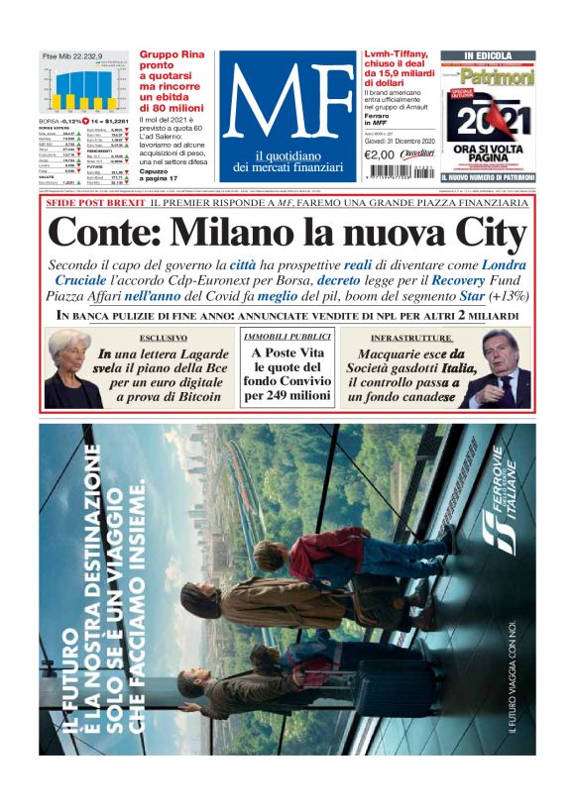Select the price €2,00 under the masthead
[x=381, y=154]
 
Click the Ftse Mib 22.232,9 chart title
[x=72, y=56]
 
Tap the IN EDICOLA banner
[x=488, y=55]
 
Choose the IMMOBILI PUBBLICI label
[x=287, y=338]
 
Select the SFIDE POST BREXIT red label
[x=94, y=203]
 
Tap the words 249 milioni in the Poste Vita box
[x=287, y=395]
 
